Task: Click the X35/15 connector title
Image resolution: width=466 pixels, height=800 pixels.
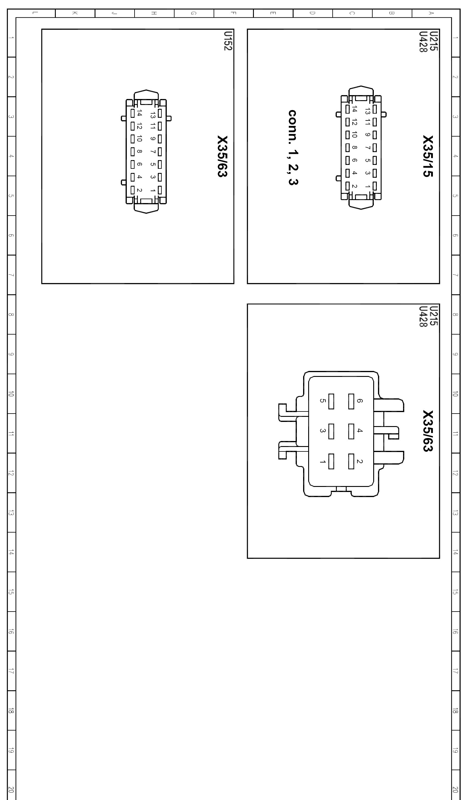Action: (428, 156)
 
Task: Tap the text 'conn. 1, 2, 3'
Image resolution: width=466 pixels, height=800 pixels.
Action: (293, 147)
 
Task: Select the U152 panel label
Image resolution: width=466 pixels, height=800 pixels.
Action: (228, 41)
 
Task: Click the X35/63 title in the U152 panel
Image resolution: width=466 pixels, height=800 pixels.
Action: (222, 156)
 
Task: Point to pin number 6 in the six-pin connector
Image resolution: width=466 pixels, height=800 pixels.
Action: (359, 401)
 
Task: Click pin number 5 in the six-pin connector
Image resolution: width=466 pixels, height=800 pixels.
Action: (323, 401)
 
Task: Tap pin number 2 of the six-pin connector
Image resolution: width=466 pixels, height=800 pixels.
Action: (359, 461)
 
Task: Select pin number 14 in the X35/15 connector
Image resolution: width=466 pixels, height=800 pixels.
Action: (354, 109)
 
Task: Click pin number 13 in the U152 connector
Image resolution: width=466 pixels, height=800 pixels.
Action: (153, 114)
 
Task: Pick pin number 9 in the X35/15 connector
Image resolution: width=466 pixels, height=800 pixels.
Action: (368, 134)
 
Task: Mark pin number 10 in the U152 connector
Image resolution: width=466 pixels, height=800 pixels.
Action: (139, 138)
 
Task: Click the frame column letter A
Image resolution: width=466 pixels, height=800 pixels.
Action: (431, 13)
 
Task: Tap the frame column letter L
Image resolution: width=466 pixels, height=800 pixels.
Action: (35, 13)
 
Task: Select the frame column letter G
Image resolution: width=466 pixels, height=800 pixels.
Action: (193, 13)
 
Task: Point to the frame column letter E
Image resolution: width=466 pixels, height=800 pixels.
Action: (273, 13)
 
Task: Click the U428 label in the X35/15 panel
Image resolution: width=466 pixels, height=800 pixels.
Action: (423, 41)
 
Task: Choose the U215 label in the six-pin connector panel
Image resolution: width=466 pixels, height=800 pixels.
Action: (433, 315)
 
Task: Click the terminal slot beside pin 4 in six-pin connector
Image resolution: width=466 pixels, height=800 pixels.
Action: (351, 431)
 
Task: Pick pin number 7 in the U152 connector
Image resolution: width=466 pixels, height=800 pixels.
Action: (153, 152)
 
